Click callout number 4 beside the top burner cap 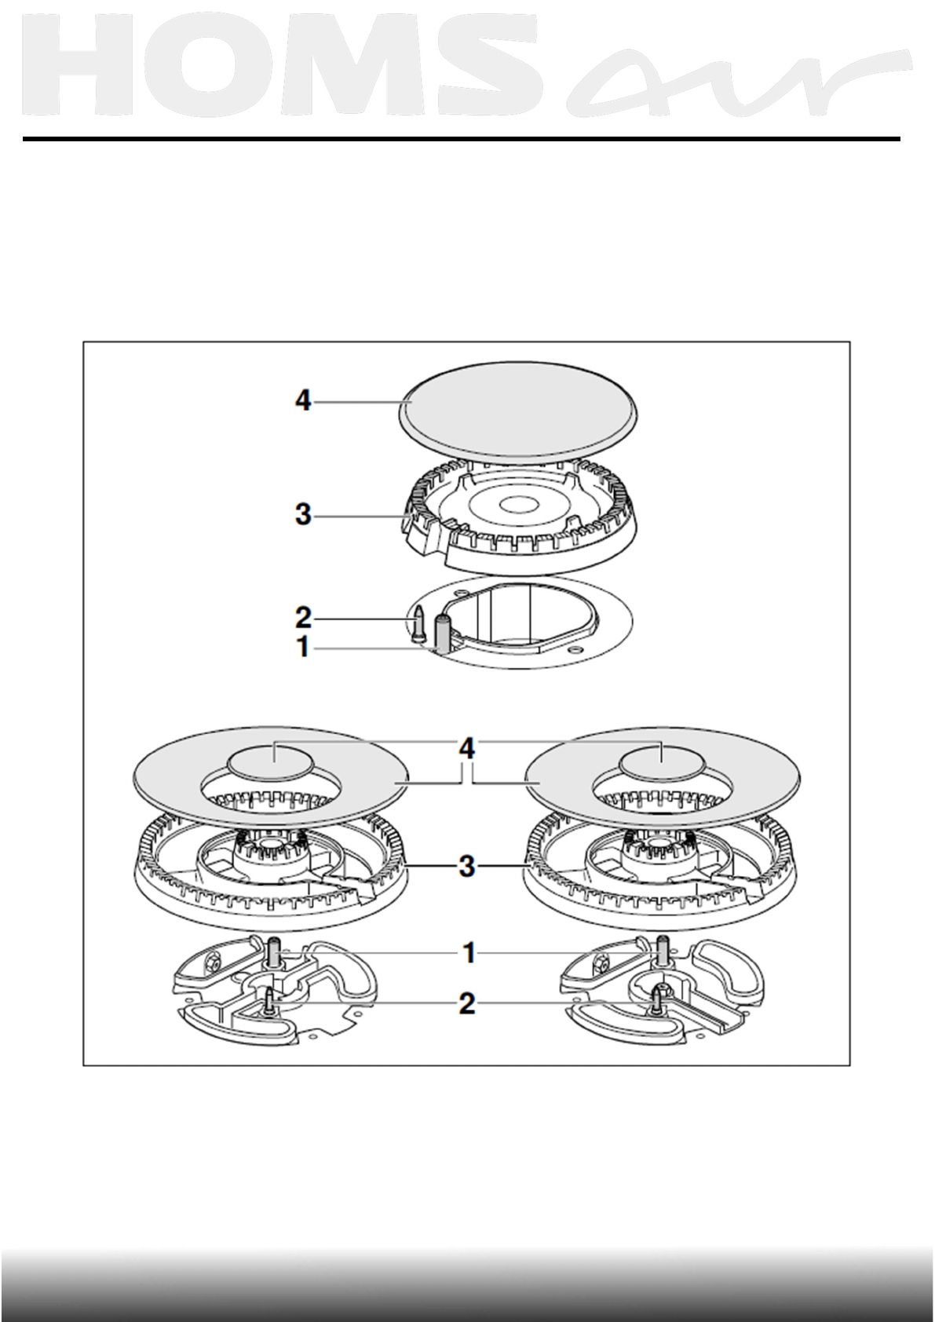point(303,402)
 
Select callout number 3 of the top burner point(303,516)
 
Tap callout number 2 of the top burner point(303,619)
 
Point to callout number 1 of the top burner point(303,649)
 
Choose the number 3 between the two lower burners point(467,867)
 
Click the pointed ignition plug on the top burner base point(419,620)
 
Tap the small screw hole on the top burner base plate point(577,651)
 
